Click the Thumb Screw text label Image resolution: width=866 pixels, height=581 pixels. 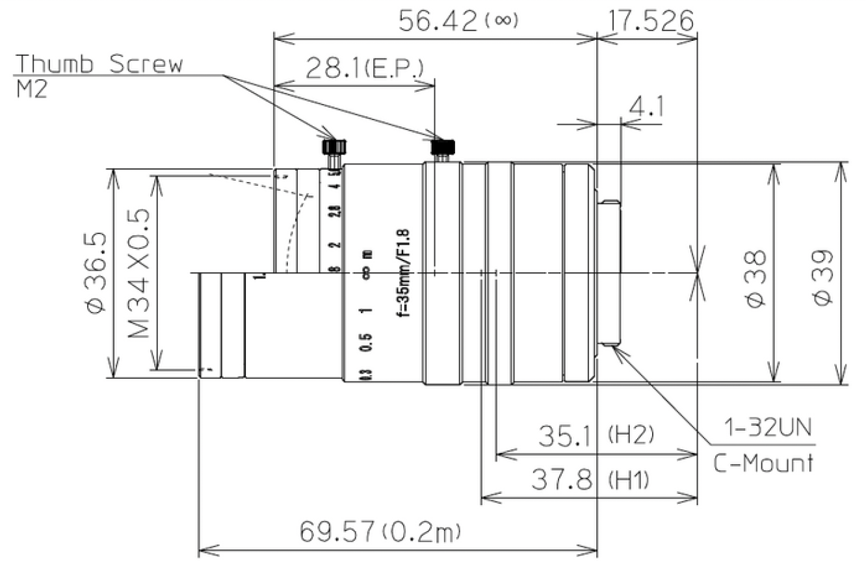(x=99, y=64)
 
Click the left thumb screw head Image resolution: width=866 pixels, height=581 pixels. (x=334, y=146)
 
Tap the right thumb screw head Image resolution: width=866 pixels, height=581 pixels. (x=443, y=147)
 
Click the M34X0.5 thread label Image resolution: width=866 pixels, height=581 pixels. (x=138, y=273)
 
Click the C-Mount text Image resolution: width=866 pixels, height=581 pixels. (x=763, y=463)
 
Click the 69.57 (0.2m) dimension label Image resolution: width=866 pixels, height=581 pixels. (x=380, y=533)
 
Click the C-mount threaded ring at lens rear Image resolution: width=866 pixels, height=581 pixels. (x=610, y=273)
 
